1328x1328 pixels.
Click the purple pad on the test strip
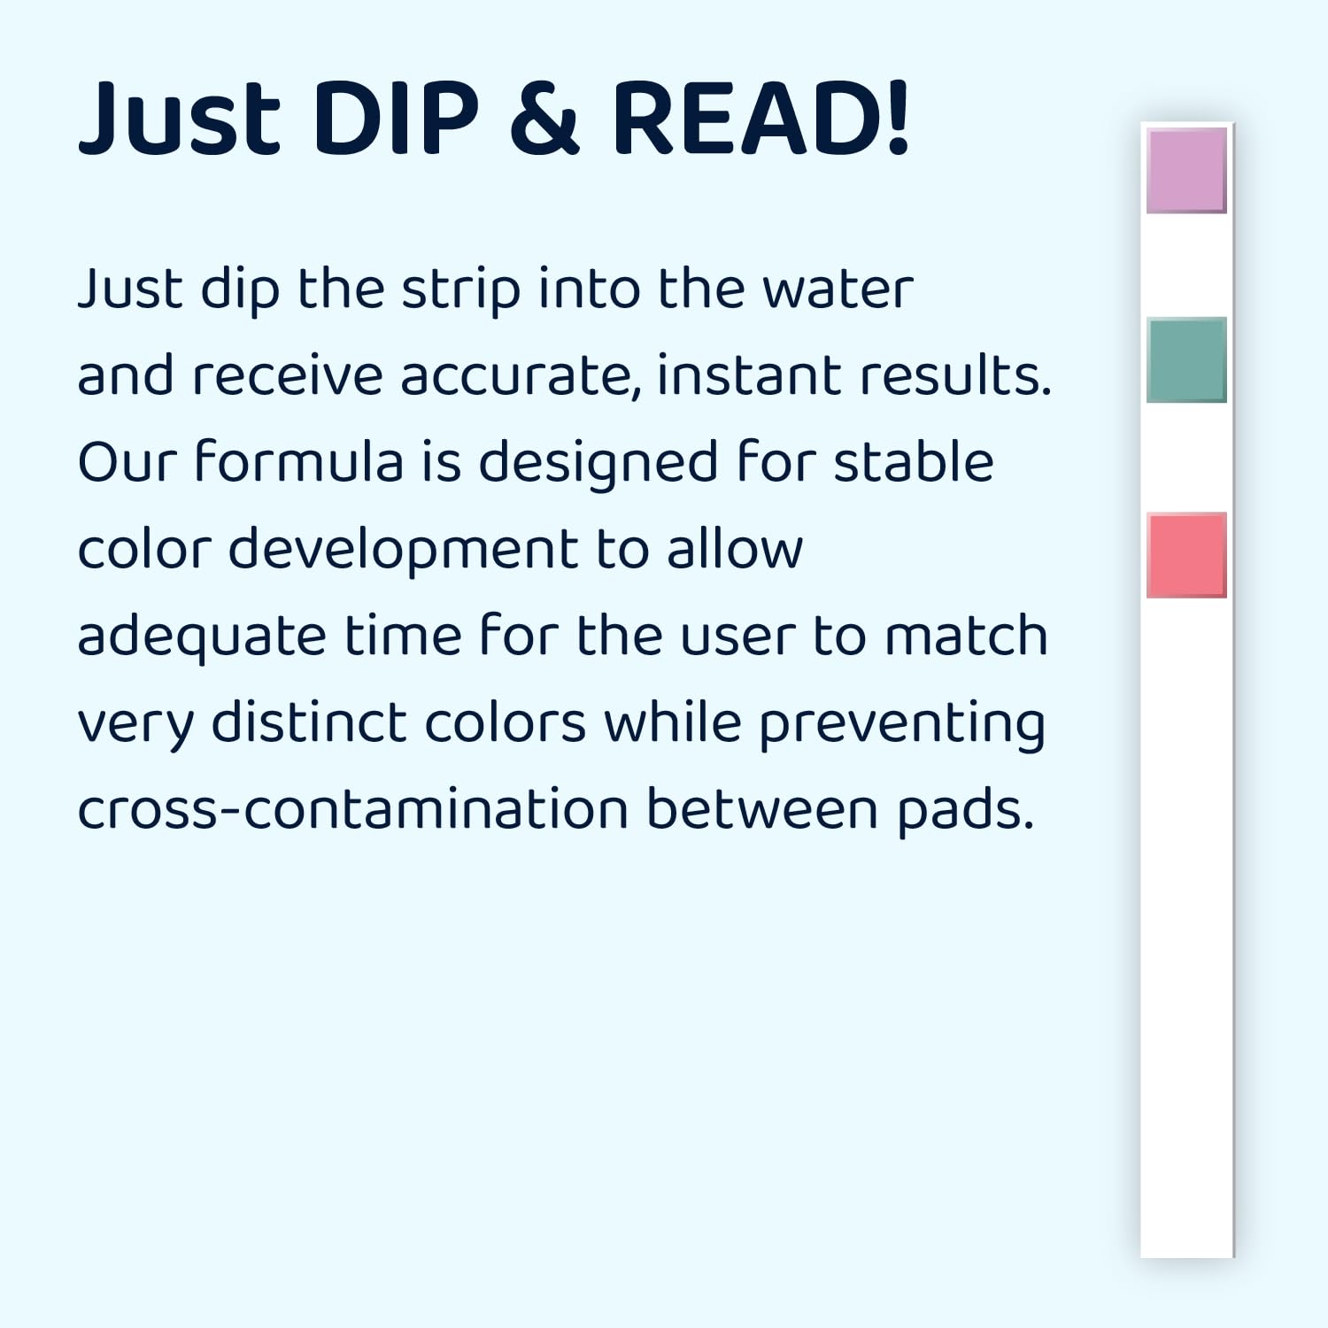(1186, 170)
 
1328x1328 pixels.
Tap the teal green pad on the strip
(1186, 359)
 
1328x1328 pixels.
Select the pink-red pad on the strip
(1186, 555)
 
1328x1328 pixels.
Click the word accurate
(521, 376)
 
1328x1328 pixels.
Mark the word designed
(598, 463)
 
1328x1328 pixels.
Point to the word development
(403, 550)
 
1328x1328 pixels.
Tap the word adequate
(203, 637)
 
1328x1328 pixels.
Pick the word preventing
(902, 724)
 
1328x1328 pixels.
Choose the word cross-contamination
(353, 809)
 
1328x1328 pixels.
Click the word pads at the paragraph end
(965, 811)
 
